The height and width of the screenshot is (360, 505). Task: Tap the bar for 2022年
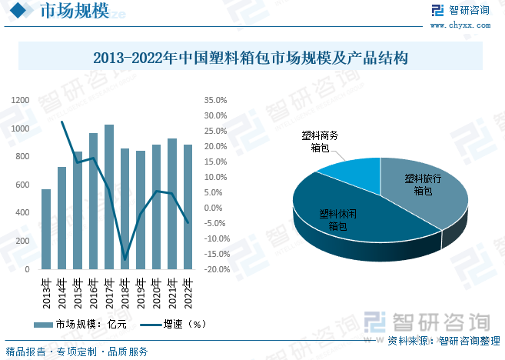188,207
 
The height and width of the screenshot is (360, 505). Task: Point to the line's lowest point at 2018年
125,260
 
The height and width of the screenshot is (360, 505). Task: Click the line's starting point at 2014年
62,122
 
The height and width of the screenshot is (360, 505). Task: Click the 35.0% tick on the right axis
215,100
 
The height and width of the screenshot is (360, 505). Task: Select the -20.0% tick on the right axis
215,269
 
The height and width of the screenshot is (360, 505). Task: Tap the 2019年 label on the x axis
141,292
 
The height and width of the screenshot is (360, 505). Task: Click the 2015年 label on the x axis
78,292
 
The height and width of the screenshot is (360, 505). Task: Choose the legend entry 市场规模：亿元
82,325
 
